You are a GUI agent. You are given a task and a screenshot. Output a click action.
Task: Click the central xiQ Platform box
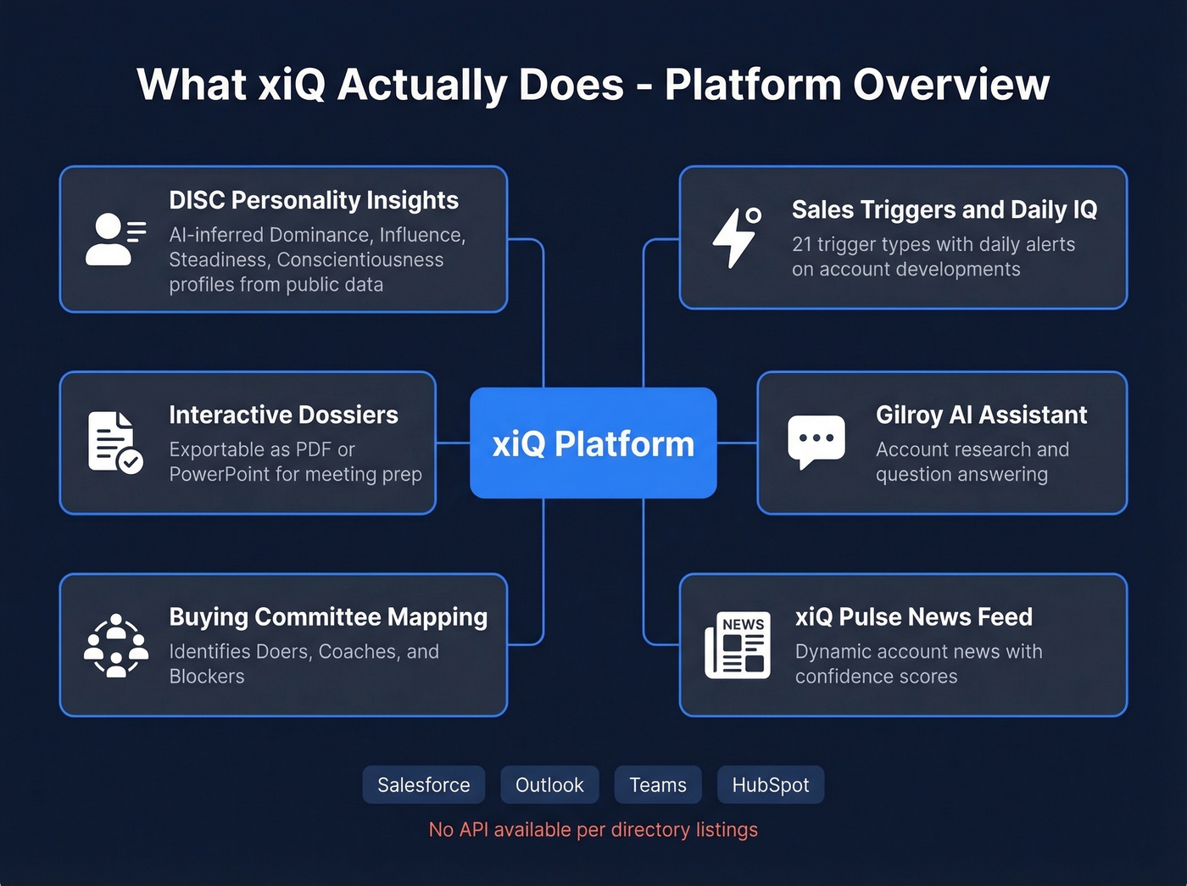click(x=593, y=443)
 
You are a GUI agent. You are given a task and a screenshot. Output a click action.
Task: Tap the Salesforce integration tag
click(x=423, y=785)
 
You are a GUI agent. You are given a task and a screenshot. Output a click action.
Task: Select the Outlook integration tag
click(x=549, y=785)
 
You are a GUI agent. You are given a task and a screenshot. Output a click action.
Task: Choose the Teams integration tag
click(x=658, y=785)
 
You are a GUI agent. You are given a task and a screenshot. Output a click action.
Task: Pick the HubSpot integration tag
click(x=770, y=785)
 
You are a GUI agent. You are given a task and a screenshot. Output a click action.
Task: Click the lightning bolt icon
click(x=735, y=237)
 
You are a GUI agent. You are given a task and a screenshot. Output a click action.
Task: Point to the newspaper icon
click(x=738, y=645)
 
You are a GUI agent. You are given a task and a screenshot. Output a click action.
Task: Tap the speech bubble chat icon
click(x=816, y=441)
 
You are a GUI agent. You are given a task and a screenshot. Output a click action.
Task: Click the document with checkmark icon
click(x=114, y=442)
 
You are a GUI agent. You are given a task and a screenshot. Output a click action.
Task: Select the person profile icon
click(x=114, y=239)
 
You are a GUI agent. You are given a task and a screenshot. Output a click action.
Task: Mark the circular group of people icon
click(x=116, y=645)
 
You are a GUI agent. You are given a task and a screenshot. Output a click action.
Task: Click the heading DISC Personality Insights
click(x=314, y=200)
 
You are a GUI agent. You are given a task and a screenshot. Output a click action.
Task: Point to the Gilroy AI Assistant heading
click(x=981, y=415)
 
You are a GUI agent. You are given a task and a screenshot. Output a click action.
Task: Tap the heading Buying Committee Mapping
click(x=328, y=617)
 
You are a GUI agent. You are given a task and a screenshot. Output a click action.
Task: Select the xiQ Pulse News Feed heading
click(x=913, y=617)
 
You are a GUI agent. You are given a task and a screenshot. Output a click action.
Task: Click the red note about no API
click(x=593, y=830)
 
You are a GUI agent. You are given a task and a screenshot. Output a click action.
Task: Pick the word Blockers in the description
click(x=207, y=677)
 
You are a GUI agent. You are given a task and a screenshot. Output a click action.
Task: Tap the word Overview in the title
click(x=951, y=85)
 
